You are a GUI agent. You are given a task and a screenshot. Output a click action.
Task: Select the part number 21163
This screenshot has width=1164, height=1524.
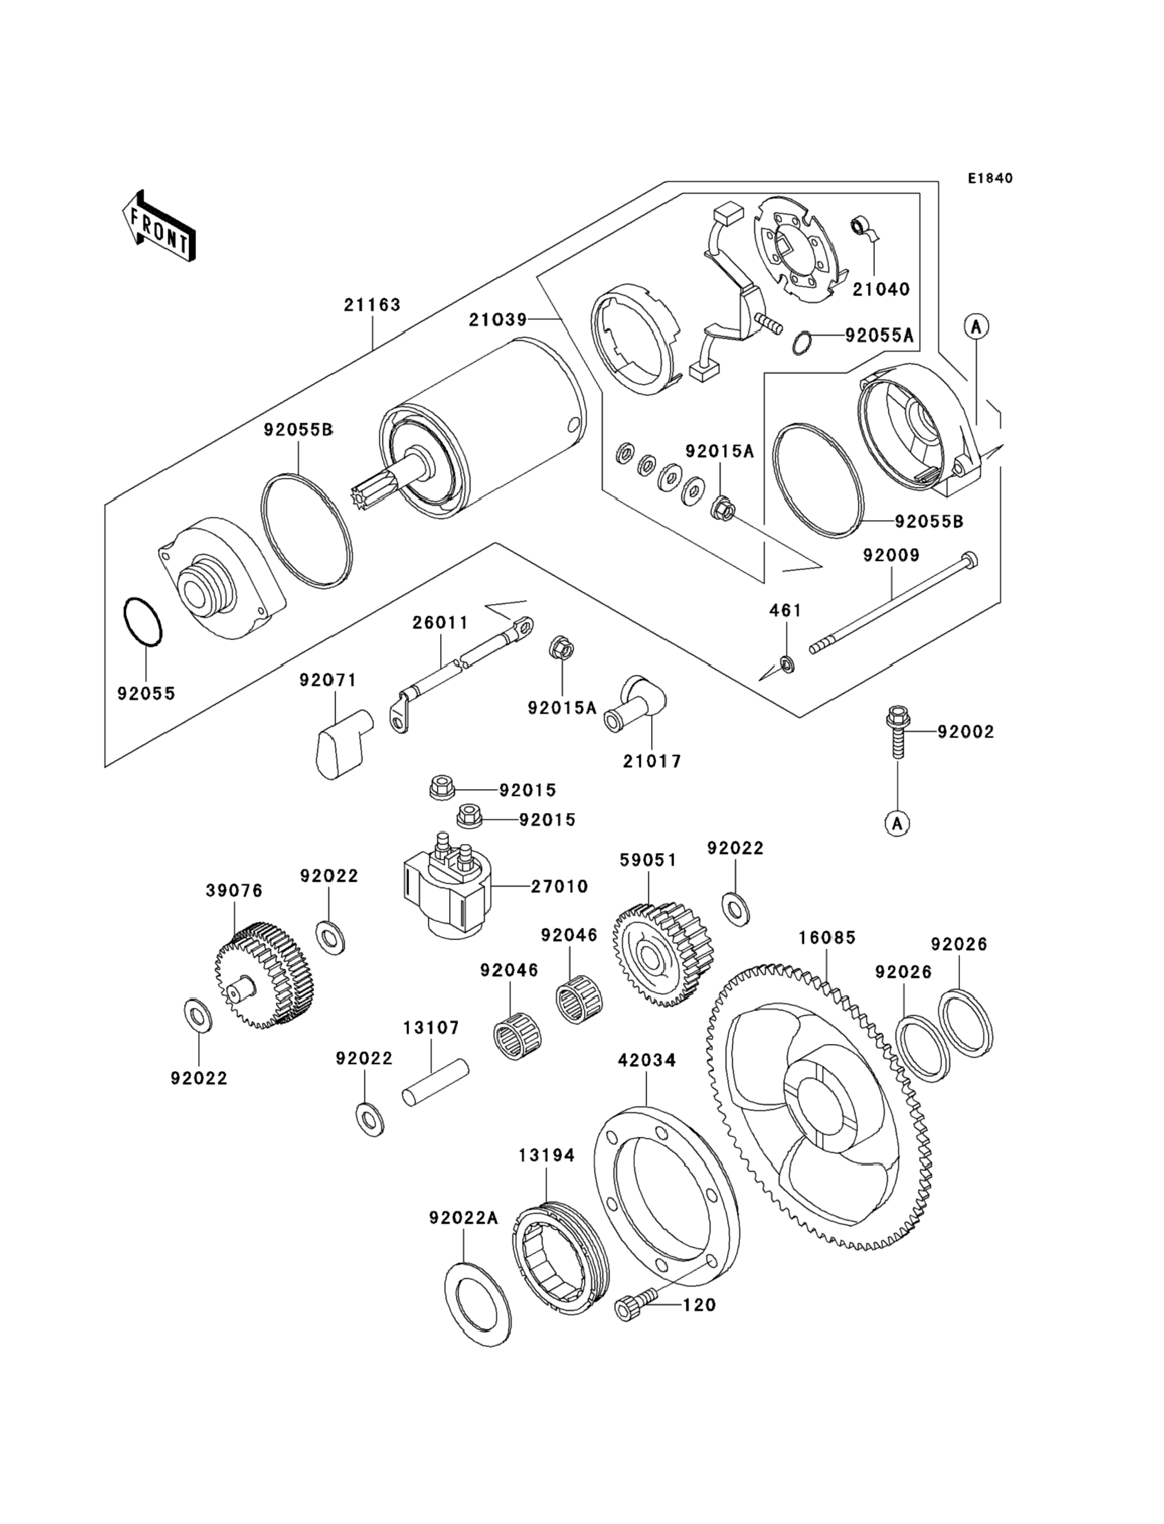coord(372,305)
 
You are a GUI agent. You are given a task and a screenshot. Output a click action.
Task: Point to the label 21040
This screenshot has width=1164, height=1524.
coord(881,289)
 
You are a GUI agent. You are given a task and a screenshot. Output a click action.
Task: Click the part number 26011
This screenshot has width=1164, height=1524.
coord(441,623)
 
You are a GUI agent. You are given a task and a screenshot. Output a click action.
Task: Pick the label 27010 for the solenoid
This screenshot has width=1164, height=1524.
coord(559,886)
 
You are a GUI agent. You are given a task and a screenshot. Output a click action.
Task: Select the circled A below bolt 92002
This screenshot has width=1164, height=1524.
coord(898,824)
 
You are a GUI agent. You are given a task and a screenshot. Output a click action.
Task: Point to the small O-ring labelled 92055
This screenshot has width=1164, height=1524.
coord(143,622)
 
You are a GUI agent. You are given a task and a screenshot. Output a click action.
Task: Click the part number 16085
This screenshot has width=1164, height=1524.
coord(827,937)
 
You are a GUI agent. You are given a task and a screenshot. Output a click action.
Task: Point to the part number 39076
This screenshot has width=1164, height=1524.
coord(234,890)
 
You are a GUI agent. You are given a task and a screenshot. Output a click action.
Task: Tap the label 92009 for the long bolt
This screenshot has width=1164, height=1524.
coord(891,555)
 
